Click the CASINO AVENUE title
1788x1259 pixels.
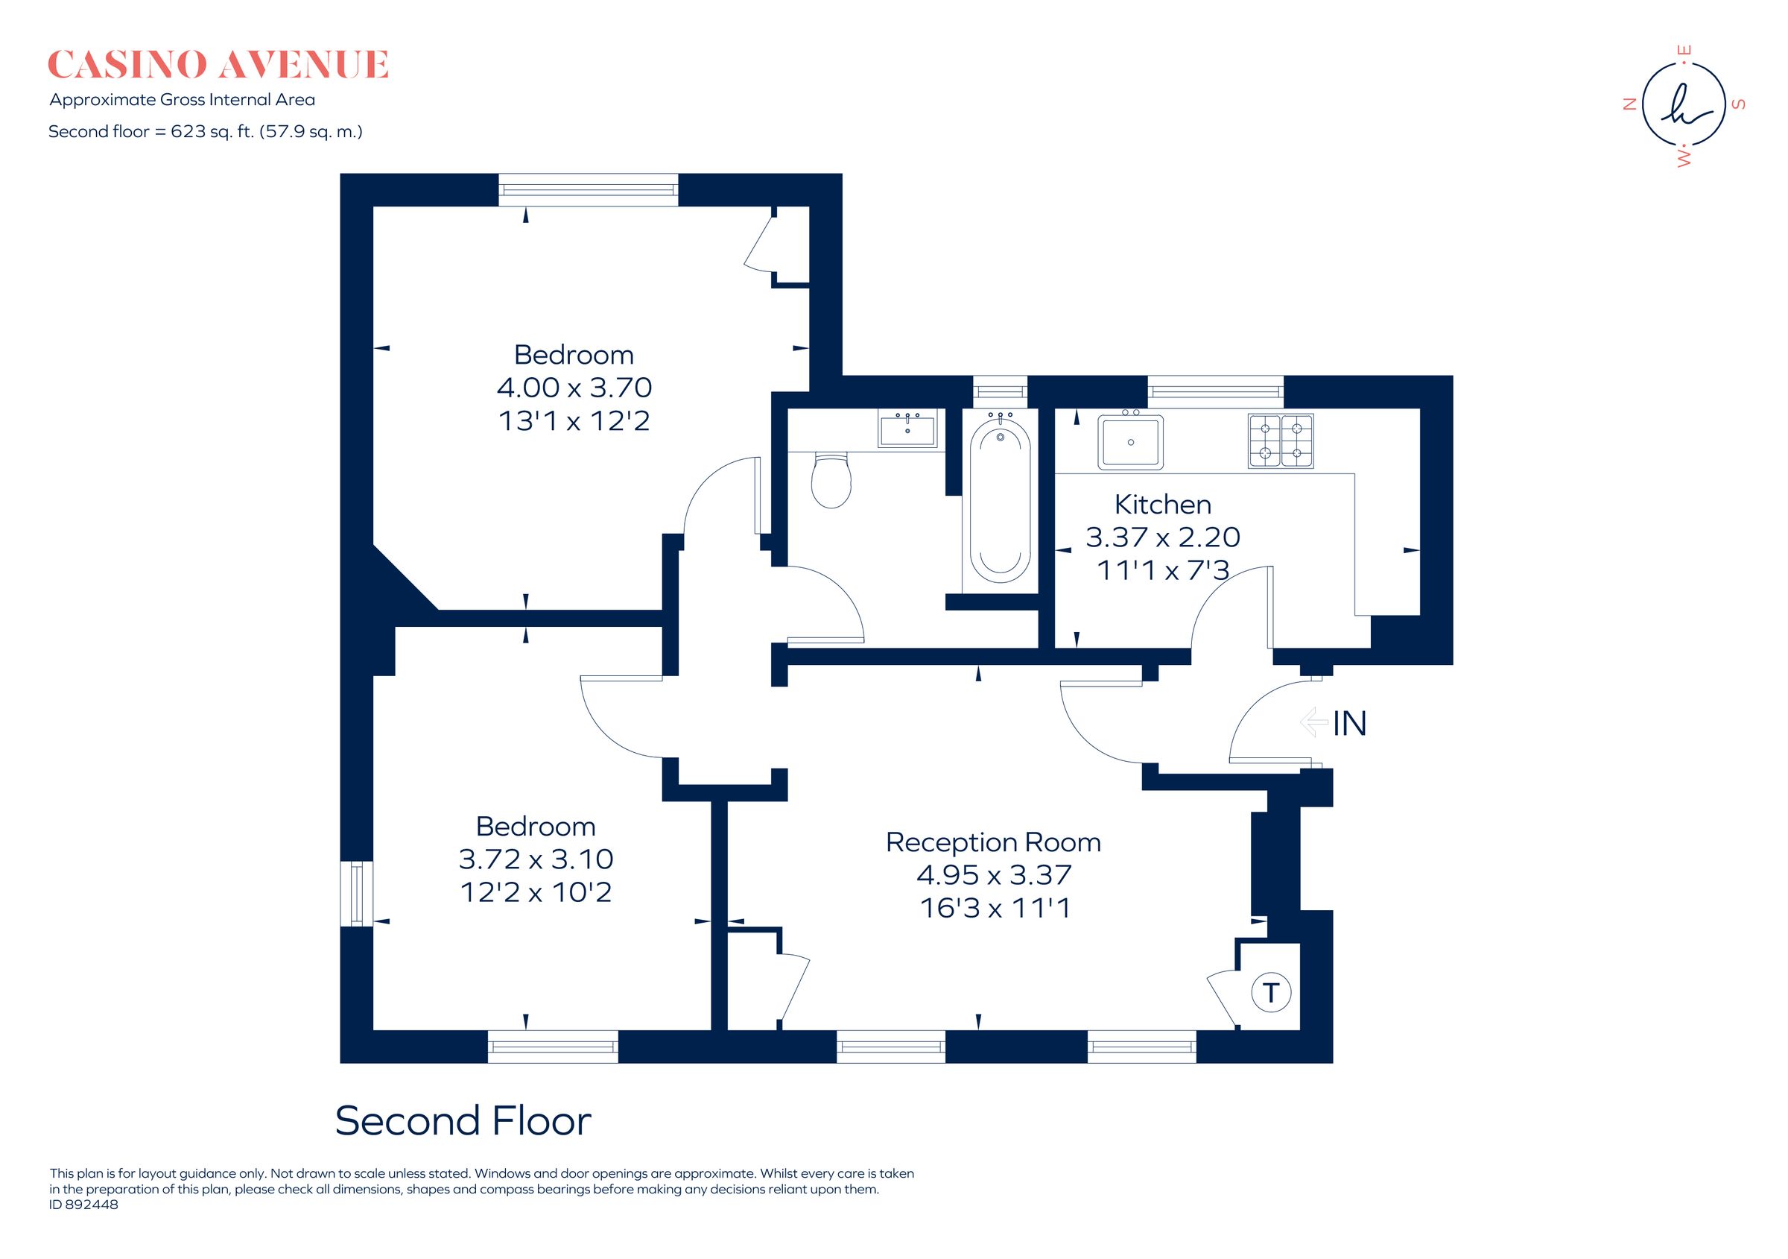point(218,66)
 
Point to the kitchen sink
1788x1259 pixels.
point(1130,442)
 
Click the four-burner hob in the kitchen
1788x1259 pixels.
point(1280,441)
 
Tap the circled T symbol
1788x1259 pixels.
point(1270,993)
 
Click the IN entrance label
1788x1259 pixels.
point(1349,724)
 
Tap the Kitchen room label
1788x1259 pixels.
point(1162,505)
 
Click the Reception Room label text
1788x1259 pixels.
point(993,842)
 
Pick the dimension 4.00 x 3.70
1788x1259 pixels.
point(574,387)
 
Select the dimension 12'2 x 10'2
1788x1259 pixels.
point(536,892)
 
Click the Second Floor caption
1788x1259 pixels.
point(463,1121)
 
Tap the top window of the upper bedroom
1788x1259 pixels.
point(588,189)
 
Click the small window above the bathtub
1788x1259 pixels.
point(1000,391)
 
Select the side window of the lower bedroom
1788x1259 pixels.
point(357,893)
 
